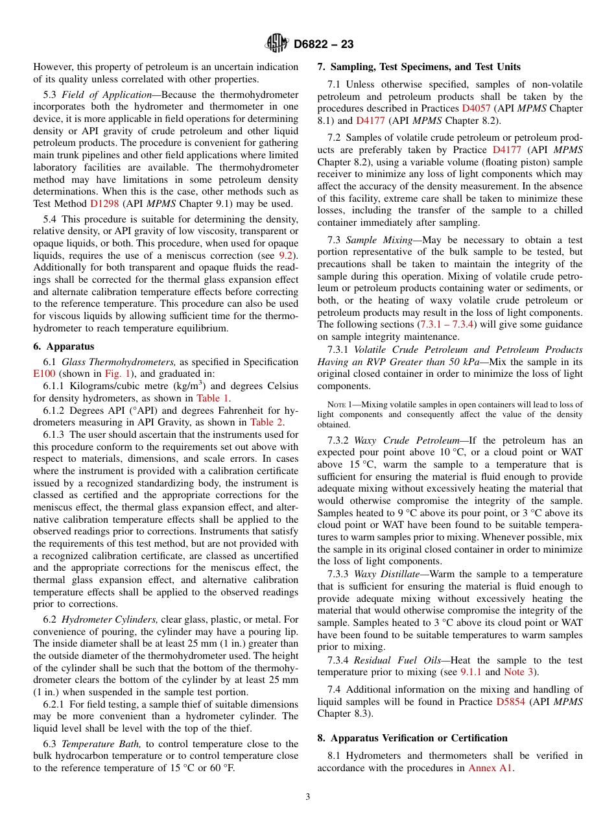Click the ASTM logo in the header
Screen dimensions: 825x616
point(277,44)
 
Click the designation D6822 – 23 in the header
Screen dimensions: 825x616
point(324,45)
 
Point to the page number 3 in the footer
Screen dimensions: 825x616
point(308,797)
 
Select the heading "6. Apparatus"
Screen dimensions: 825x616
point(64,346)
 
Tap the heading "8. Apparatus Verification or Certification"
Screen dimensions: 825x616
point(412,738)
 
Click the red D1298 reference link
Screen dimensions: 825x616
point(104,203)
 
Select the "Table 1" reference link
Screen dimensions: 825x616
point(212,398)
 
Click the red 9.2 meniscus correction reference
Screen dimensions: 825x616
point(285,256)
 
